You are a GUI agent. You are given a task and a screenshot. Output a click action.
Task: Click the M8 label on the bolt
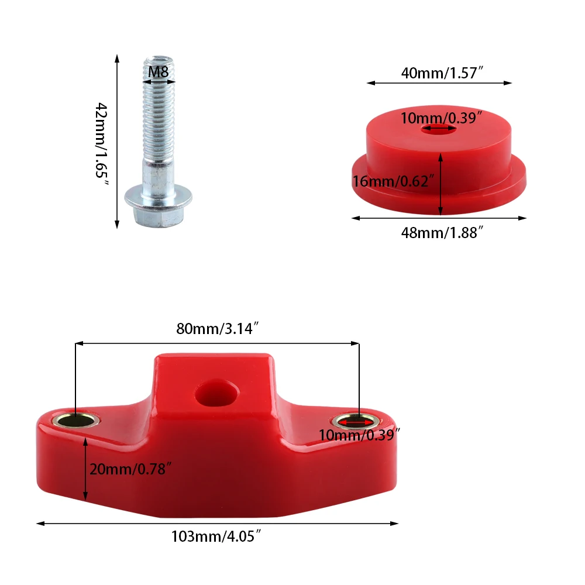(158, 73)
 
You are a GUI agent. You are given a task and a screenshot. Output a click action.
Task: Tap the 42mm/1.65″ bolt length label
(102, 144)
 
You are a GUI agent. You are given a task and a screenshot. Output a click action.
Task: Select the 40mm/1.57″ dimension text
(441, 74)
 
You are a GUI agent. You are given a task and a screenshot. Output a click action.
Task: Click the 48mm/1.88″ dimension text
(442, 232)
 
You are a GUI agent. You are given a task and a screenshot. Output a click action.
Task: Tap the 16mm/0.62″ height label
(393, 181)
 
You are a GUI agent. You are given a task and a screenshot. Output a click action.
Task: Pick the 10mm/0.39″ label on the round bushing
(441, 118)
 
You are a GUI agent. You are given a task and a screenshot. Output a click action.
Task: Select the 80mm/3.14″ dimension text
(217, 329)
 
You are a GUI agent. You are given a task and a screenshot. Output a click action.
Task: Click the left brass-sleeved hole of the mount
(75, 419)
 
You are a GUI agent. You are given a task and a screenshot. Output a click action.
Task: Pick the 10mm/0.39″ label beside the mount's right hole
(359, 435)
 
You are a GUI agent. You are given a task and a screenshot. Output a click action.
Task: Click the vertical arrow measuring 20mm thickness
(86, 468)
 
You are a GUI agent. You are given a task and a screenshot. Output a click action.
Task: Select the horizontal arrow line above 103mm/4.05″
(216, 524)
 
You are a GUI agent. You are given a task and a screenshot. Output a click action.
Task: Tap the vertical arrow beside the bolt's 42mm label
(117, 140)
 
